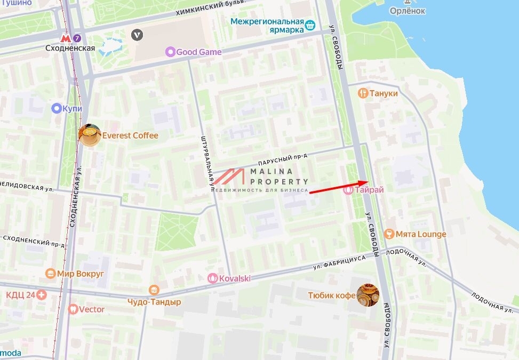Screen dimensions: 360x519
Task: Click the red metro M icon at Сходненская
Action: click(x=66, y=38)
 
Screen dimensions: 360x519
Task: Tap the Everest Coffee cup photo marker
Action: click(x=90, y=135)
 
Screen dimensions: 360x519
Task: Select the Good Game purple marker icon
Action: click(x=170, y=52)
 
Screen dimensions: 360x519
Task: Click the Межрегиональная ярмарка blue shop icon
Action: click(x=310, y=25)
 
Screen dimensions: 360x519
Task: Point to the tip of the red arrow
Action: click(x=368, y=182)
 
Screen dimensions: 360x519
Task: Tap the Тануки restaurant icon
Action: click(x=363, y=93)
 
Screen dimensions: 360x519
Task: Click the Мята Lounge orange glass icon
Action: click(x=389, y=234)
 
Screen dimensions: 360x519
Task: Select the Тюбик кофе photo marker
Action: click(x=368, y=295)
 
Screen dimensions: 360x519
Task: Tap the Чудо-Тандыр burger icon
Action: click(x=154, y=290)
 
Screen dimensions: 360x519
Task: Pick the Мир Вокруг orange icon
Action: click(x=50, y=274)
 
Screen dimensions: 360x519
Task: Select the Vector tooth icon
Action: click(x=73, y=309)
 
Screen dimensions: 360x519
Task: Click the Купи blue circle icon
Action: click(x=56, y=108)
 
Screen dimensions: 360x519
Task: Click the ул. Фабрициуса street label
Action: click(x=339, y=261)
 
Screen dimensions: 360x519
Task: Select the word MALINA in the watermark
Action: click(x=272, y=172)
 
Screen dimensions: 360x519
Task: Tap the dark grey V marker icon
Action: click(x=138, y=35)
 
